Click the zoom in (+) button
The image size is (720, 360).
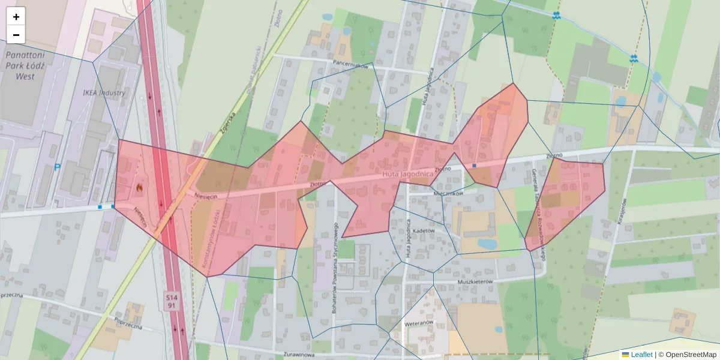(x=16, y=17)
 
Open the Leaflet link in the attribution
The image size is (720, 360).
(x=641, y=355)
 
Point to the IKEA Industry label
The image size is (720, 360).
(x=104, y=93)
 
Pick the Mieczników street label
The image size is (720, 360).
(x=448, y=193)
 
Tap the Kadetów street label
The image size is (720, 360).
(x=424, y=230)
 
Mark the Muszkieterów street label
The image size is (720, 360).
(x=475, y=281)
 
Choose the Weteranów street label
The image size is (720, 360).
(x=419, y=322)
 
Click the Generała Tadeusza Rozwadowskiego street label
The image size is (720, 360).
(x=539, y=213)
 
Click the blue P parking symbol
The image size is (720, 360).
(x=57, y=167)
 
